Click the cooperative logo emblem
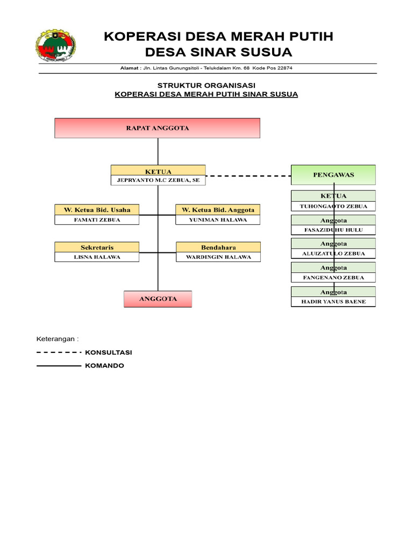[55, 45]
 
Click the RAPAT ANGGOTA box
[158, 128]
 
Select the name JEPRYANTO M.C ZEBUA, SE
[158, 180]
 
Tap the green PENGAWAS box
[333, 175]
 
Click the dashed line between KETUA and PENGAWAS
[248, 176]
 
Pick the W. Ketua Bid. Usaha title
[97, 210]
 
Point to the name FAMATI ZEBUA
[97, 220]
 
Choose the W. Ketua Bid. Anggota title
[218, 210]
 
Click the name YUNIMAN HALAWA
[218, 220]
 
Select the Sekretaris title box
[97, 247]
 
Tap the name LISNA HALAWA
[97, 257]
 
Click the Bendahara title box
[218, 247]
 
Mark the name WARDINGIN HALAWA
[218, 257]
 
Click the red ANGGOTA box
[158, 299]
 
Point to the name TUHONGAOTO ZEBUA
[333, 207]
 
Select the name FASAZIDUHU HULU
[333, 230]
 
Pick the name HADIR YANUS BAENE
[333, 302]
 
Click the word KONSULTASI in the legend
[109, 352]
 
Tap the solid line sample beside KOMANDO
[59, 366]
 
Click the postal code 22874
[285, 68]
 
